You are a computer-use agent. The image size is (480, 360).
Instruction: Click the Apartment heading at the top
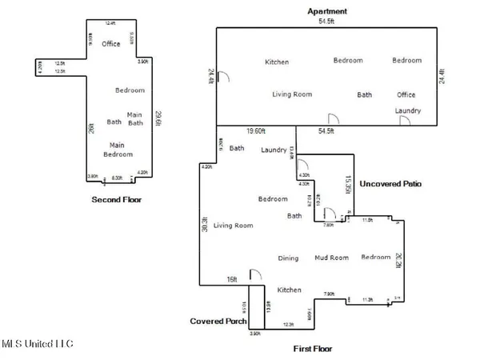point(326,10)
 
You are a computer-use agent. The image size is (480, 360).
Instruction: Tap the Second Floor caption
point(116,199)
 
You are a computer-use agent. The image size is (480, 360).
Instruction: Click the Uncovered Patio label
point(390,184)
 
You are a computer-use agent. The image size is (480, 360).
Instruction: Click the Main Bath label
point(135,118)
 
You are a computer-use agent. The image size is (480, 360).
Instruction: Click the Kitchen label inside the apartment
point(277,62)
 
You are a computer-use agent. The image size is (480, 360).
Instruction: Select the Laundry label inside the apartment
point(407,110)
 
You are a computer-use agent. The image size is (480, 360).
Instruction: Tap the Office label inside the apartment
point(406,95)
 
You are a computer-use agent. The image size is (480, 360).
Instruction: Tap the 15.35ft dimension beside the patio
point(348,183)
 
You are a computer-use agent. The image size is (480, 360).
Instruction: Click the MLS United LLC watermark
point(36,344)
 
